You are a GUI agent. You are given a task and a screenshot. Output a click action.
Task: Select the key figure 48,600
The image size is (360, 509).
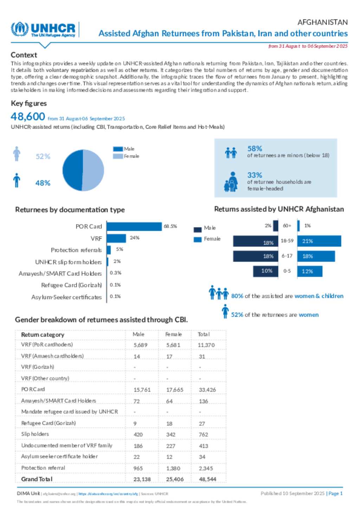[28, 117]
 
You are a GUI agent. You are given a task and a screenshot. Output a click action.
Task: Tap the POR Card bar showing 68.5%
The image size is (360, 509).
[134, 227]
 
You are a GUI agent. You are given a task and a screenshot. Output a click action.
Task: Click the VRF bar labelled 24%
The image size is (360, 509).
[116, 239]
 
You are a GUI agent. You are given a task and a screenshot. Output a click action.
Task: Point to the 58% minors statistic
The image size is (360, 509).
[255, 149]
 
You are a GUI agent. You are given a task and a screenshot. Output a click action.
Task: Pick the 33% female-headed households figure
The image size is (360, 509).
[255, 175]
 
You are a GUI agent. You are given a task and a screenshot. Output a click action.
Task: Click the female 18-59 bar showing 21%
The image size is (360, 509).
[319, 241]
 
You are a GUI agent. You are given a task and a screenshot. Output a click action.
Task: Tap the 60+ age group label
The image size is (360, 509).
[287, 226]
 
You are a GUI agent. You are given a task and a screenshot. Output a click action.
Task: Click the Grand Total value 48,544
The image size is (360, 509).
[207, 479]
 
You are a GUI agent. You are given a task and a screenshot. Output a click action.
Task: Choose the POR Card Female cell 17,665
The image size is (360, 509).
[175, 390]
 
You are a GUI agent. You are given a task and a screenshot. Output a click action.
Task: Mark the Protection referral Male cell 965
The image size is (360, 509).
[138, 468]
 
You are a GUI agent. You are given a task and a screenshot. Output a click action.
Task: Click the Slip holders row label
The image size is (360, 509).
[35, 434]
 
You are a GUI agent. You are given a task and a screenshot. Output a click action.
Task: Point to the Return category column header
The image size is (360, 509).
[43, 335]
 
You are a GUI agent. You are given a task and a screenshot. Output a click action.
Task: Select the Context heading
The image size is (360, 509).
[24, 55]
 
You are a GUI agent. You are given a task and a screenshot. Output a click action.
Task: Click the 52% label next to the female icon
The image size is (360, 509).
[43, 157]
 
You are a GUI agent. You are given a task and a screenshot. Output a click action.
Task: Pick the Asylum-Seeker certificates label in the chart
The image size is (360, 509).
[66, 297]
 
